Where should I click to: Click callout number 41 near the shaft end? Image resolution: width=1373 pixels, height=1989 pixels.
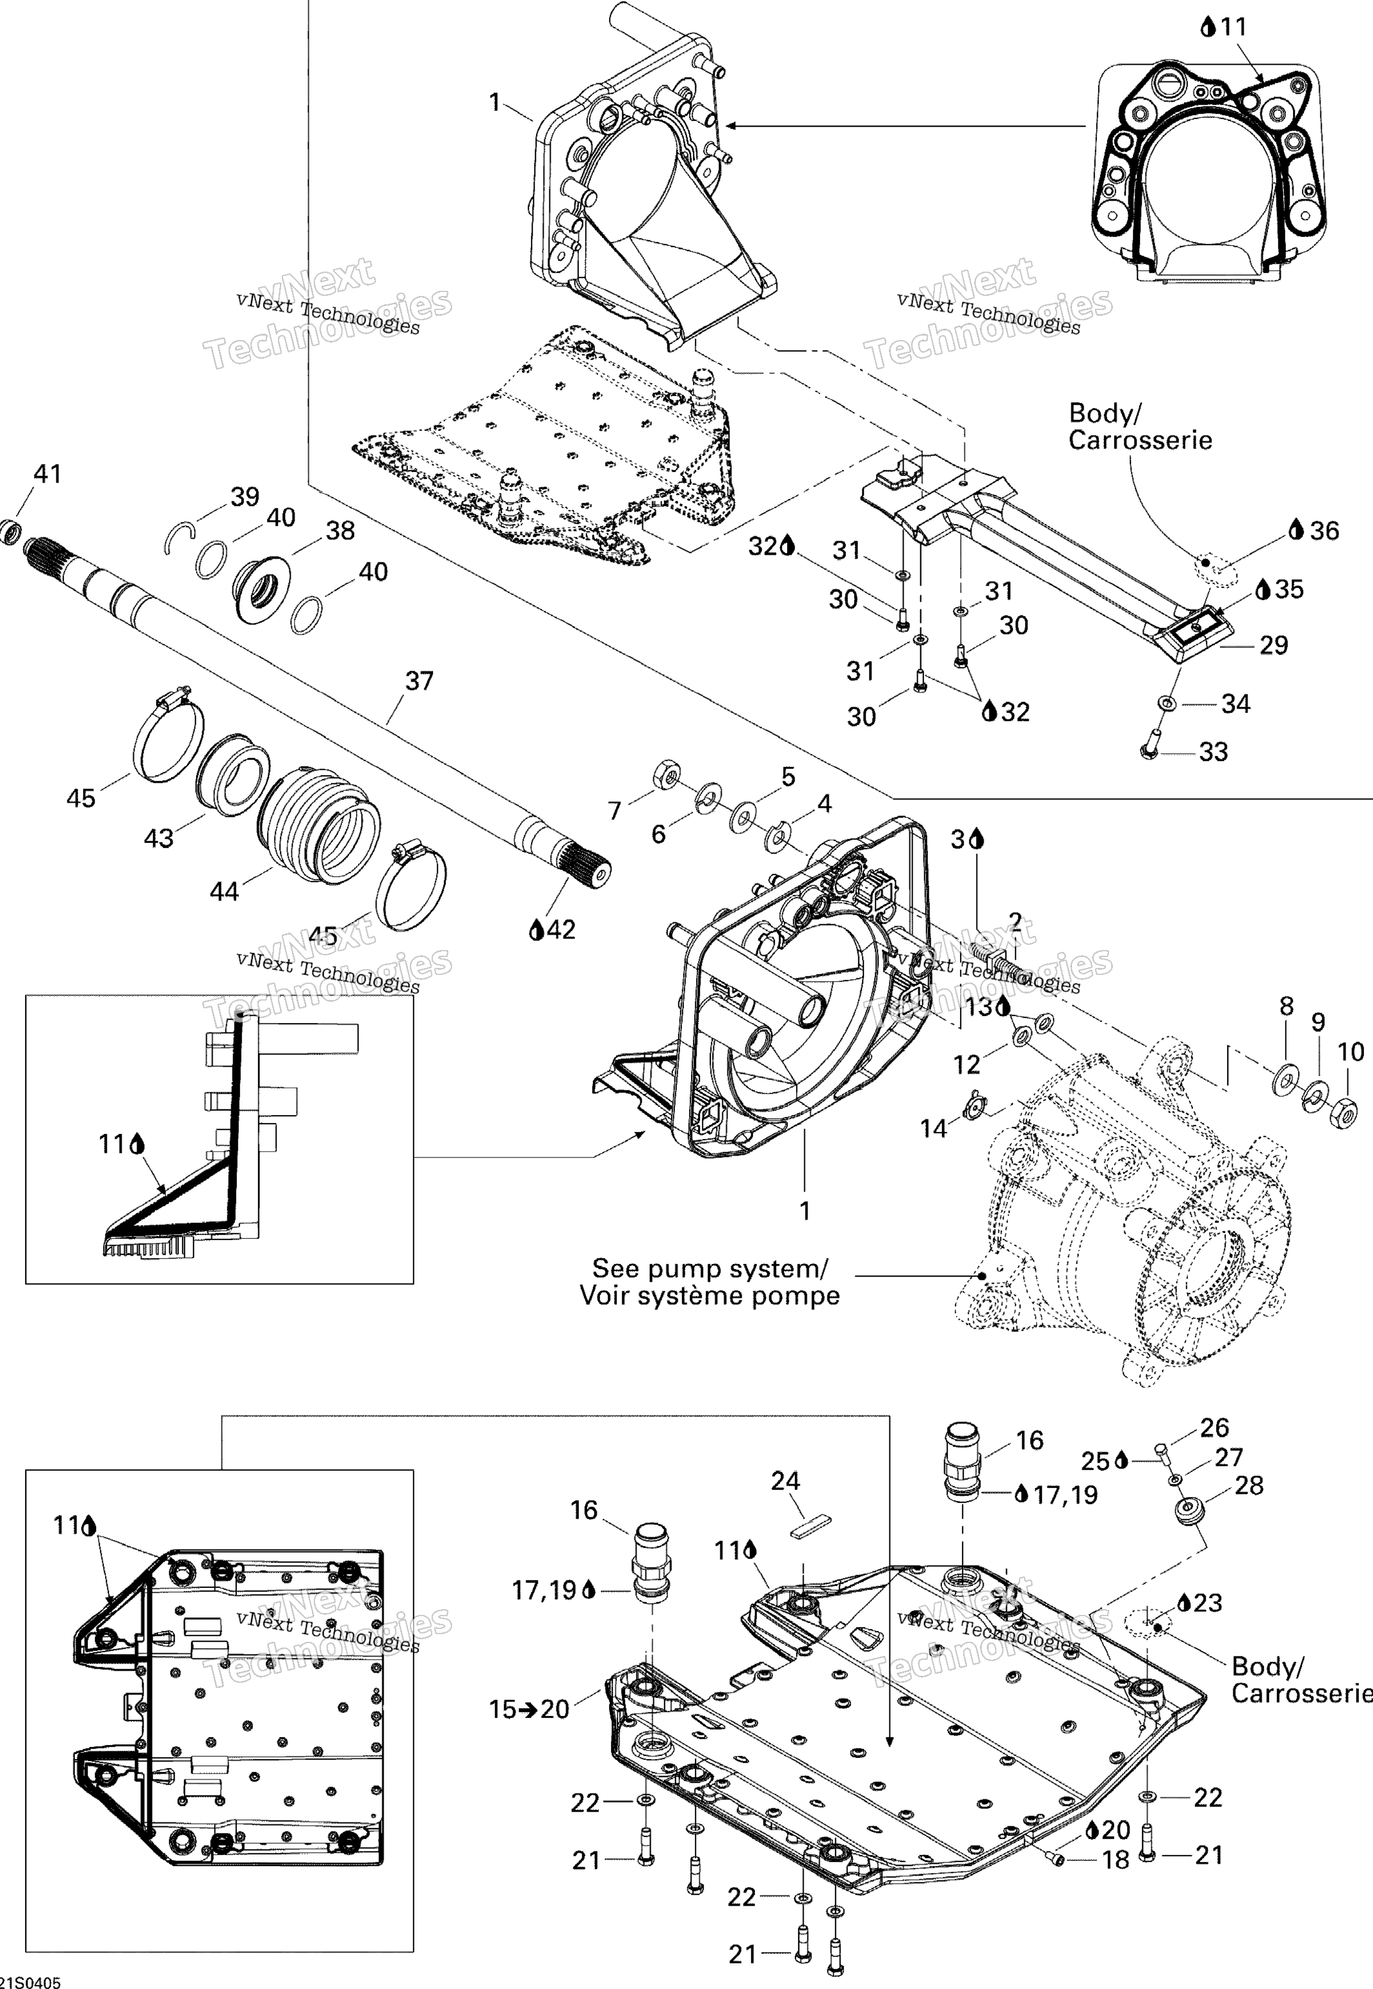pyautogui.click(x=47, y=474)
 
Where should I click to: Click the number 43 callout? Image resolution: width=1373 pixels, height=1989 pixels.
pyautogui.click(x=158, y=838)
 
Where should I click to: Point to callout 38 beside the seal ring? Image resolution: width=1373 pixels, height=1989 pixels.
pyautogui.click(x=341, y=531)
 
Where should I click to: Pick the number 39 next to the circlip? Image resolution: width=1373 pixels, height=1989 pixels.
pyautogui.click(x=245, y=497)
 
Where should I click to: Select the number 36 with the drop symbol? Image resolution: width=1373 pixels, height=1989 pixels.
pyautogui.click(x=1325, y=531)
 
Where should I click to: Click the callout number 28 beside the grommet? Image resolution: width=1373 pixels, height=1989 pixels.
pyautogui.click(x=1249, y=1486)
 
